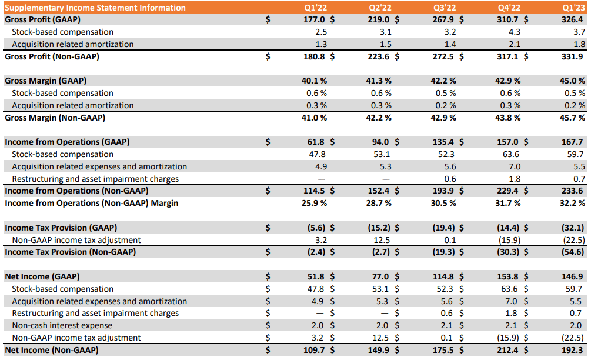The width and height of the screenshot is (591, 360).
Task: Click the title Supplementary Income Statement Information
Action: pyautogui.click(x=95, y=8)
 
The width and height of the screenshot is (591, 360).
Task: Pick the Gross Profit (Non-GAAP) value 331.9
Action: pyautogui.click(x=574, y=56)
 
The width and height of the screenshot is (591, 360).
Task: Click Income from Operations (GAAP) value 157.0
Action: pyautogui.click(x=509, y=142)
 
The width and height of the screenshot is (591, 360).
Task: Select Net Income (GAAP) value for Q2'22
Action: pyautogui.click(x=380, y=276)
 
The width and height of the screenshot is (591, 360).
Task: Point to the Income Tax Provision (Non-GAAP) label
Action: pyautogui.click(x=70, y=252)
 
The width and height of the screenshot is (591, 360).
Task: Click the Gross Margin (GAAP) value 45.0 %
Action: pyautogui.click(x=572, y=81)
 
